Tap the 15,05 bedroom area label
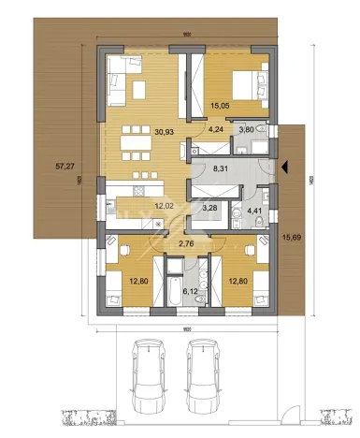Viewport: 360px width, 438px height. tap(221, 107)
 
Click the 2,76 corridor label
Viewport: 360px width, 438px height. tap(185, 243)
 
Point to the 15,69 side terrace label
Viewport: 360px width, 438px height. tap(296, 239)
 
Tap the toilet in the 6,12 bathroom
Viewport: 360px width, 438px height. tap(198, 271)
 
